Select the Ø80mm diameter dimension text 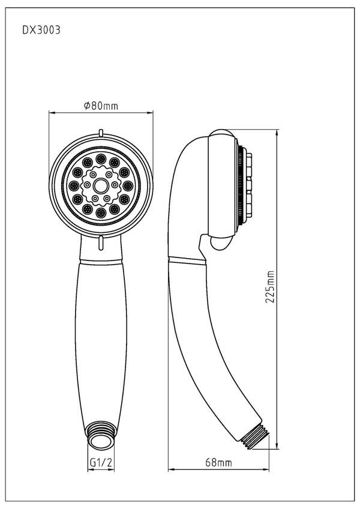101,106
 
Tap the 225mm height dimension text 271,288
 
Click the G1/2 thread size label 101,463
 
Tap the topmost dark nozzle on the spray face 101,157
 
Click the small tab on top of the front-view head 101,133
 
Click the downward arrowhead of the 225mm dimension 277,447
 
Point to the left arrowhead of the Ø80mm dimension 52,112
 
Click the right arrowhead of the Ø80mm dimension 151,112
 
